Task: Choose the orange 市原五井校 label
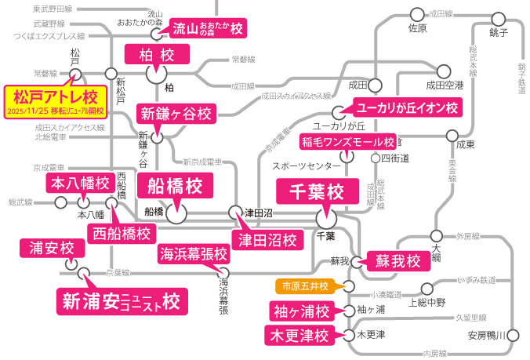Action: (x=307, y=285)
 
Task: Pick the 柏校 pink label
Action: (x=158, y=54)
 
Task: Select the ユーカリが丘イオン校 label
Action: (x=406, y=107)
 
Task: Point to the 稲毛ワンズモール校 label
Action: (x=348, y=142)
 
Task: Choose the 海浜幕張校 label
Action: (x=194, y=254)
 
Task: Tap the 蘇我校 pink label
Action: (x=398, y=261)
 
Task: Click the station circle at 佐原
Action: (x=416, y=14)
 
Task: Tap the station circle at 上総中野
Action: (x=427, y=288)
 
